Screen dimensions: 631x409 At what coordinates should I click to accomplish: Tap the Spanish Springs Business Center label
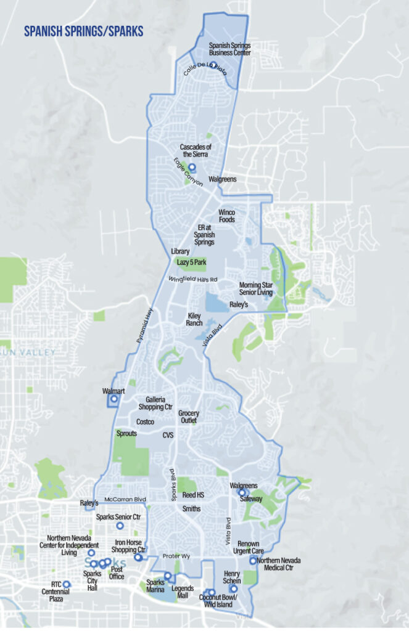click(x=229, y=49)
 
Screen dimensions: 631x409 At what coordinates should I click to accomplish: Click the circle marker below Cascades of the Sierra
click(x=192, y=167)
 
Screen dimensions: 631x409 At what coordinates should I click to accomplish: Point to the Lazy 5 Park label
click(x=192, y=263)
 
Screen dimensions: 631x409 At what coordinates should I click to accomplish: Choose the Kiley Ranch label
click(x=195, y=319)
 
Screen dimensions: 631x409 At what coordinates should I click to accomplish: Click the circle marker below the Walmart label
click(x=114, y=400)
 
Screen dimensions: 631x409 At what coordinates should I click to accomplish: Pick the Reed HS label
click(x=193, y=495)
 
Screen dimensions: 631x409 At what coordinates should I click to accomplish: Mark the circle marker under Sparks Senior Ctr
click(x=120, y=526)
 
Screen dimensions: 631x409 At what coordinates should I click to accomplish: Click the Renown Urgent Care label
click(x=247, y=547)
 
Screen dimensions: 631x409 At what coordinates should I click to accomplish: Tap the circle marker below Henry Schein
click(x=233, y=588)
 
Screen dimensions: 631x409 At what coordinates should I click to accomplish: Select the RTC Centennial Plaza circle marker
click(x=67, y=584)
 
